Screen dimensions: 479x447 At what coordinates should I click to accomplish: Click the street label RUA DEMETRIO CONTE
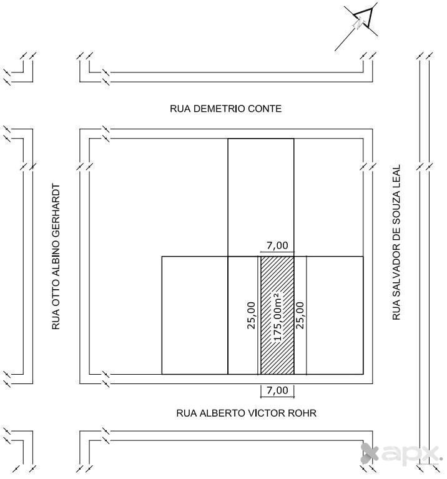coord(225,109)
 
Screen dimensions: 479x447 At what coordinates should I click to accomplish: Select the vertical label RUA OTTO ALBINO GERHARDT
coord(57,256)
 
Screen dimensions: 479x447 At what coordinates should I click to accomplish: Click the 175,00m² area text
coord(278,316)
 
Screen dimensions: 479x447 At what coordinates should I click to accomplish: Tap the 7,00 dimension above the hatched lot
coord(277,245)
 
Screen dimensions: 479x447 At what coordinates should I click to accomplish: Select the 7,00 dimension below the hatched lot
coord(277,390)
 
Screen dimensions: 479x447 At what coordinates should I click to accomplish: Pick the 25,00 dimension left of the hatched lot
coord(252,316)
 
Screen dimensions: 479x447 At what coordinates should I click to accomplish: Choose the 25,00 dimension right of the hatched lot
coord(300,316)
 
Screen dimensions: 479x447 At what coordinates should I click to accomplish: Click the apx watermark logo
coord(402,453)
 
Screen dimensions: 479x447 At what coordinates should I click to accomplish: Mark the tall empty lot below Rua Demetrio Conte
coord(260,197)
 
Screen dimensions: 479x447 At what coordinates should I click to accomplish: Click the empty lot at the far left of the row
coord(194,315)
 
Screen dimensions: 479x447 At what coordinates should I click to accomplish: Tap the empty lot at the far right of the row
coord(335,315)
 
